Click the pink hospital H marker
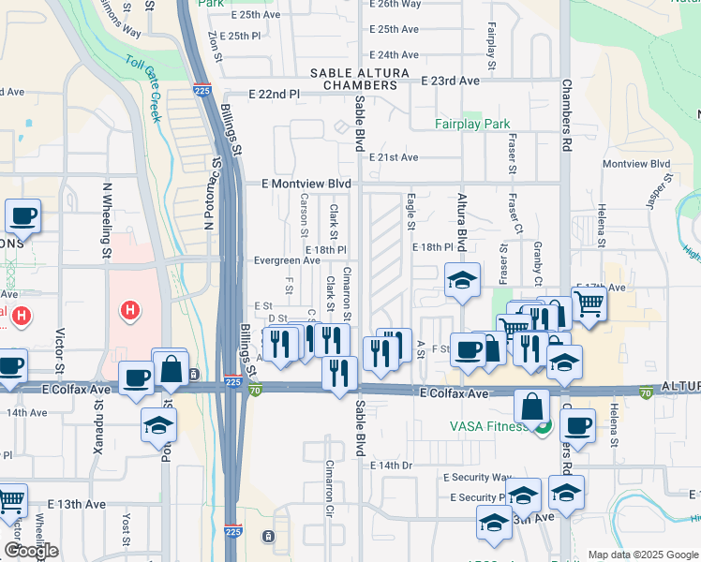pos(131,309)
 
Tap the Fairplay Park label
pos(472,124)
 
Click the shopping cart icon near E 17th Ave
pos(588,303)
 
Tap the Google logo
pos(31,550)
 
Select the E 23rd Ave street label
pos(450,81)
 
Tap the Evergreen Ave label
pos(287,260)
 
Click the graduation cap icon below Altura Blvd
pos(461,281)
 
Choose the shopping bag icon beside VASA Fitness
pos(531,407)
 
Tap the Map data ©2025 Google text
pos(641,555)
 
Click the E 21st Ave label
pos(394,157)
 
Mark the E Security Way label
pos(482,478)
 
